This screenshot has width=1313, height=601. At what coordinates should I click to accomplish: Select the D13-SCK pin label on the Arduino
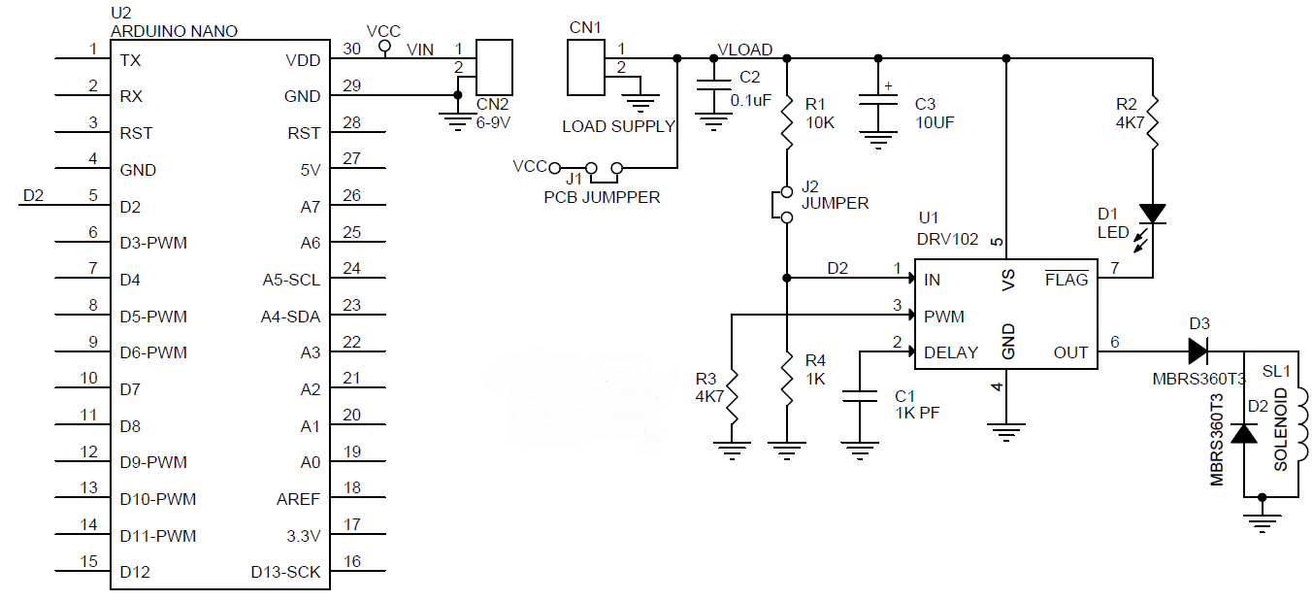pyautogui.click(x=285, y=572)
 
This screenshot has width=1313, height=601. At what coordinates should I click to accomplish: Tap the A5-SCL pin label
pyautogui.click(x=291, y=280)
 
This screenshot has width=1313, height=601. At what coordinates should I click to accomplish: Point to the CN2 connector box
pyautogui.click(x=494, y=68)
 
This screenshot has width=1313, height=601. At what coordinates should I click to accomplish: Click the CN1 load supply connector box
pyautogui.click(x=585, y=67)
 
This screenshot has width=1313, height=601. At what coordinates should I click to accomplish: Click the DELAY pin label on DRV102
pyautogui.click(x=951, y=352)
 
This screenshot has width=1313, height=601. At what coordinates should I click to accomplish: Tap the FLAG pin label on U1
pyautogui.click(x=1066, y=280)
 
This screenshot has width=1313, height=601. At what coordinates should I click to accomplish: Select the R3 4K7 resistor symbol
pyautogui.click(x=733, y=398)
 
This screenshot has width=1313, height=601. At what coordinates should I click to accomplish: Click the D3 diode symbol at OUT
pyautogui.click(x=1198, y=351)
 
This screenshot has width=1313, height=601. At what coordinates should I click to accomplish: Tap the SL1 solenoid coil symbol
pyautogui.click(x=1298, y=422)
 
